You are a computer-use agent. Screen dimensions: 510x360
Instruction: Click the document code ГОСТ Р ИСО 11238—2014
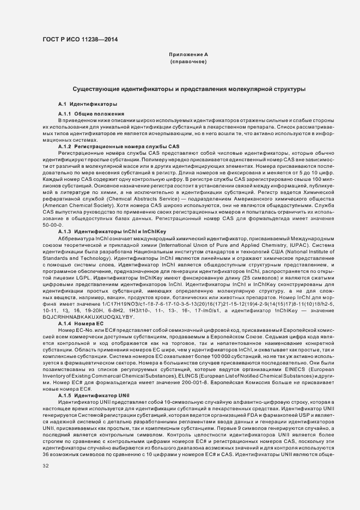click(80, 39)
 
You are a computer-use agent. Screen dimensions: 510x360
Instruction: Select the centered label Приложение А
click(188, 55)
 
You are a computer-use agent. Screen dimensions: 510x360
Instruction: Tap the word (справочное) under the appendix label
click(188, 62)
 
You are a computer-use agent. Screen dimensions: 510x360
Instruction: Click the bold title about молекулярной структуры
click(188, 88)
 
